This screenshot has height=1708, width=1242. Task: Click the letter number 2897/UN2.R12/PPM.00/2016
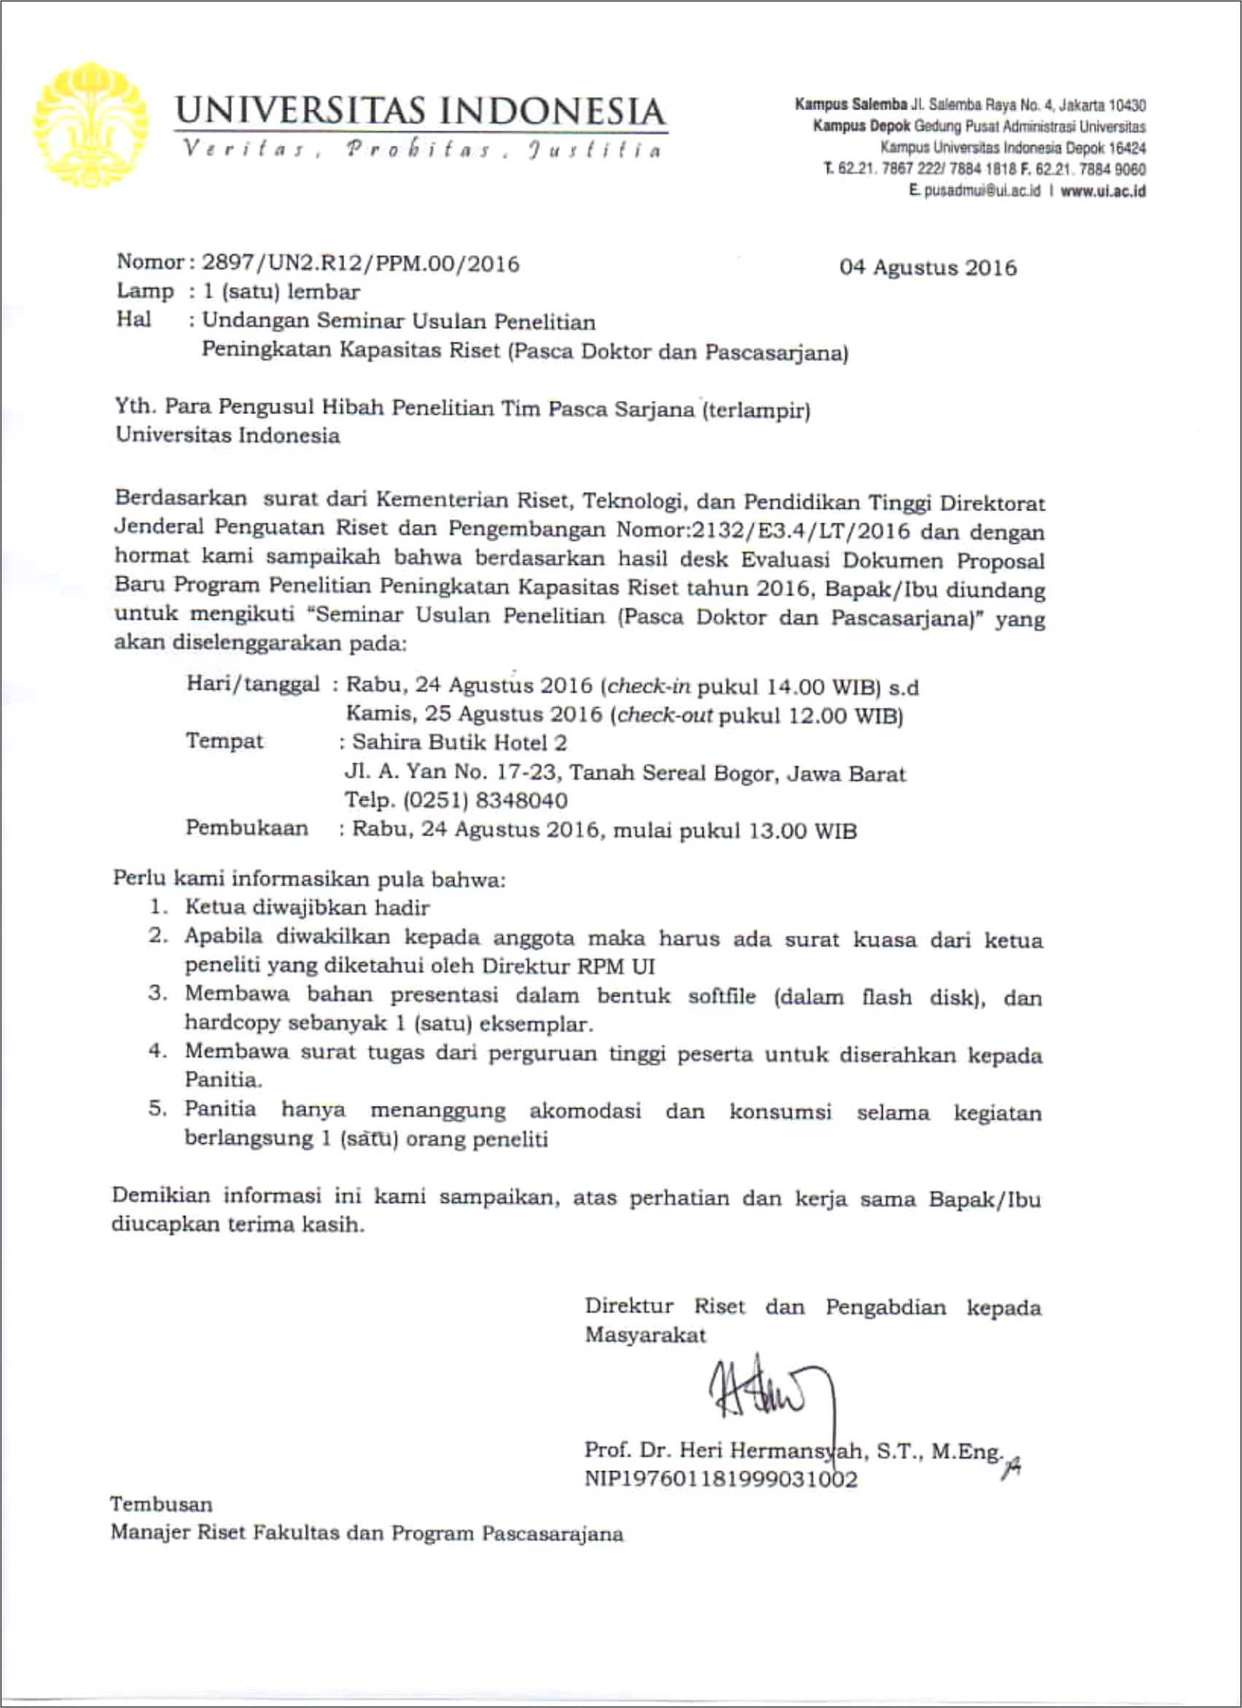pyautogui.click(x=360, y=264)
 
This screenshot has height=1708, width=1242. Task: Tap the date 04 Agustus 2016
pyautogui.click(x=927, y=268)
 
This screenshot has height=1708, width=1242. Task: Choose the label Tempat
pyautogui.click(x=224, y=741)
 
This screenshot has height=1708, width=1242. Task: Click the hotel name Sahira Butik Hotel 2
pyautogui.click(x=459, y=744)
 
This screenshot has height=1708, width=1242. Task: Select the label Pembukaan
pyautogui.click(x=247, y=828)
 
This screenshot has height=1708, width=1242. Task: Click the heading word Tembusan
pyautogui.click(x=161, y=1505)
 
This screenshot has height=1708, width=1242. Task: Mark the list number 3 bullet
pyautogui.click(x=157, y=994)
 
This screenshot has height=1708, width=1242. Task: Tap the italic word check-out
pyautogui.click(x=664, y=714)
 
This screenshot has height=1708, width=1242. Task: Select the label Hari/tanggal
pyautogui.click(x=253, y=684)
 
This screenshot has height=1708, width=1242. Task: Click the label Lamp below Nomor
pyautogui.click(x=144, y=292)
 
